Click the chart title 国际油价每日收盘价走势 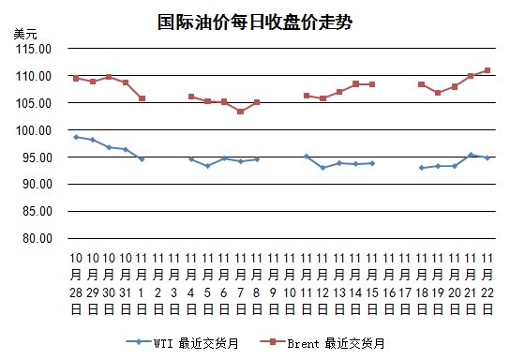pos(255,22)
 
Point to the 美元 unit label pos(25,34)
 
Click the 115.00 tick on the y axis pos(34,49)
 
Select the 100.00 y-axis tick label pos(34,130)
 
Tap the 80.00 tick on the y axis pos(37,238)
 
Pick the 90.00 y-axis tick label pos(37,184)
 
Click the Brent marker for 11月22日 pos(487,70)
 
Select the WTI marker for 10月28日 pos(76,137)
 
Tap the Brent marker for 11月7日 pos(240,112)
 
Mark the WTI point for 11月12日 pos(322,168)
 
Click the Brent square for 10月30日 pos(109,77)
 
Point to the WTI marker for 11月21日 pos(471,155)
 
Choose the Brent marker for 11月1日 pos(142,98)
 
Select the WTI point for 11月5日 pos(207,166)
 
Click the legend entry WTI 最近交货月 pos(183,343)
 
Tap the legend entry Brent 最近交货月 pos(322,343)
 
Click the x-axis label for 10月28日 pos(76,283)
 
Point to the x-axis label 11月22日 pos(487,283)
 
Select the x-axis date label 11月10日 pos(290,283)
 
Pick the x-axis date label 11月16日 pos(389,283)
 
